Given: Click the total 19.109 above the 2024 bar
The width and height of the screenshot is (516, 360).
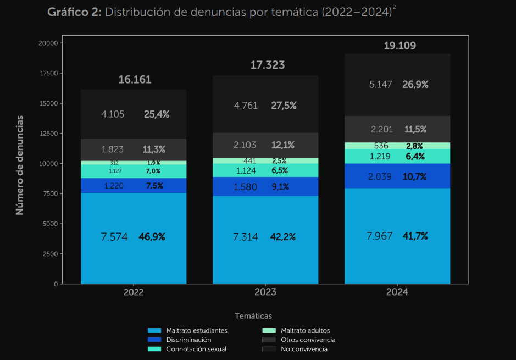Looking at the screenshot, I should coord(400,46).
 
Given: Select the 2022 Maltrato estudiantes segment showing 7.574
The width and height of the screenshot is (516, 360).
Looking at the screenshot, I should coord(134,238).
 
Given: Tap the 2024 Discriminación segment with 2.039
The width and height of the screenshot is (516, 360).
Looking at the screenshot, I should coord(397,176).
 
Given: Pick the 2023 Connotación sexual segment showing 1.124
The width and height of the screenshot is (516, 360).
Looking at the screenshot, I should coord(265,170).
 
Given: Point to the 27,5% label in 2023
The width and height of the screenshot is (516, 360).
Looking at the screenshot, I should coord(284,106).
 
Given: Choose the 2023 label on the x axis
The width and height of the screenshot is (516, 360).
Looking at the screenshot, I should coord(265,292).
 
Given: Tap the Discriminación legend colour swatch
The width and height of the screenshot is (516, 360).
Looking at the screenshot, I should coord(154,340).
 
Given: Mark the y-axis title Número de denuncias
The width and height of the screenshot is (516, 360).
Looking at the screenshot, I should coord(20,165).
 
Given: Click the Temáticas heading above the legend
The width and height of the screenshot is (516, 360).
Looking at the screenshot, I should coord(253,316).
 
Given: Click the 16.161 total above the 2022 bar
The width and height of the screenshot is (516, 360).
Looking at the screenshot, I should coord(135,80).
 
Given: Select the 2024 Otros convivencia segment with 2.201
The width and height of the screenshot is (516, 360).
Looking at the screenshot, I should coord(397,129).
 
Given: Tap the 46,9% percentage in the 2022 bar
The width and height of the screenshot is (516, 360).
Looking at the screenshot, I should coord(152,237).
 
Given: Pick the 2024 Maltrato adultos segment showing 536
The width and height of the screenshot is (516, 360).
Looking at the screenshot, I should coord(397,146).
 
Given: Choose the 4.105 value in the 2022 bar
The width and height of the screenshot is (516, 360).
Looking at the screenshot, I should coord(113,114).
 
